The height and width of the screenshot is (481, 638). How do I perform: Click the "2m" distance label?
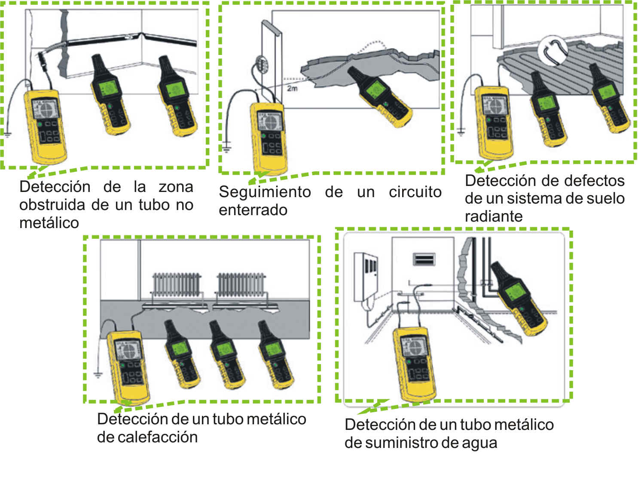292,88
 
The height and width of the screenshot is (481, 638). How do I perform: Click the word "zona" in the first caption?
176,187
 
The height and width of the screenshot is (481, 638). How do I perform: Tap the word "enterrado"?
253,210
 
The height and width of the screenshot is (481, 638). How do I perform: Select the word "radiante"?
494,216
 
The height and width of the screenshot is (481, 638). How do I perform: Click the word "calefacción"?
147,437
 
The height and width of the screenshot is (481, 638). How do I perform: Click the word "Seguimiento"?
265,192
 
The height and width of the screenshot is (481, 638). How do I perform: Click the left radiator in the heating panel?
177,285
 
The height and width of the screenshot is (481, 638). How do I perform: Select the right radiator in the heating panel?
241,285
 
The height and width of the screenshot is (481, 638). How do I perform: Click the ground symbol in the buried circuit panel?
226,148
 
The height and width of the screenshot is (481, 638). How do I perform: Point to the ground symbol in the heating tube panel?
98,375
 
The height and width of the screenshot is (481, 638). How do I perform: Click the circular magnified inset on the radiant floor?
553,51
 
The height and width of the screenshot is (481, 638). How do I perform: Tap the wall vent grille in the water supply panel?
424,259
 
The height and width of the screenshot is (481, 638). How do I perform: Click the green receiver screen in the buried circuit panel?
375,89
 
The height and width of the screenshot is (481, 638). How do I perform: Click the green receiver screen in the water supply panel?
515,292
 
